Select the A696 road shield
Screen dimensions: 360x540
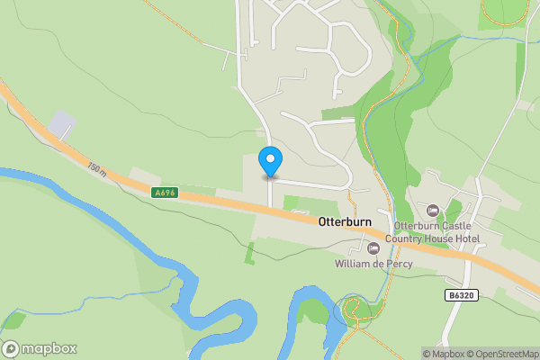[x=165, y=193]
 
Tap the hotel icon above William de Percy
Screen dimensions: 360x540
[x=373, y=247]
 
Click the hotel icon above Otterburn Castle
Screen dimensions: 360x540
[x=433, y=211]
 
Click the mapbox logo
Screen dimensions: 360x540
[x=40, y=348]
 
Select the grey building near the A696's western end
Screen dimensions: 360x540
[x=60, y=124]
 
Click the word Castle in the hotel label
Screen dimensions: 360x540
[x=456, y=226]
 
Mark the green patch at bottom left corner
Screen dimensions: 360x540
[x=13, y=320]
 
